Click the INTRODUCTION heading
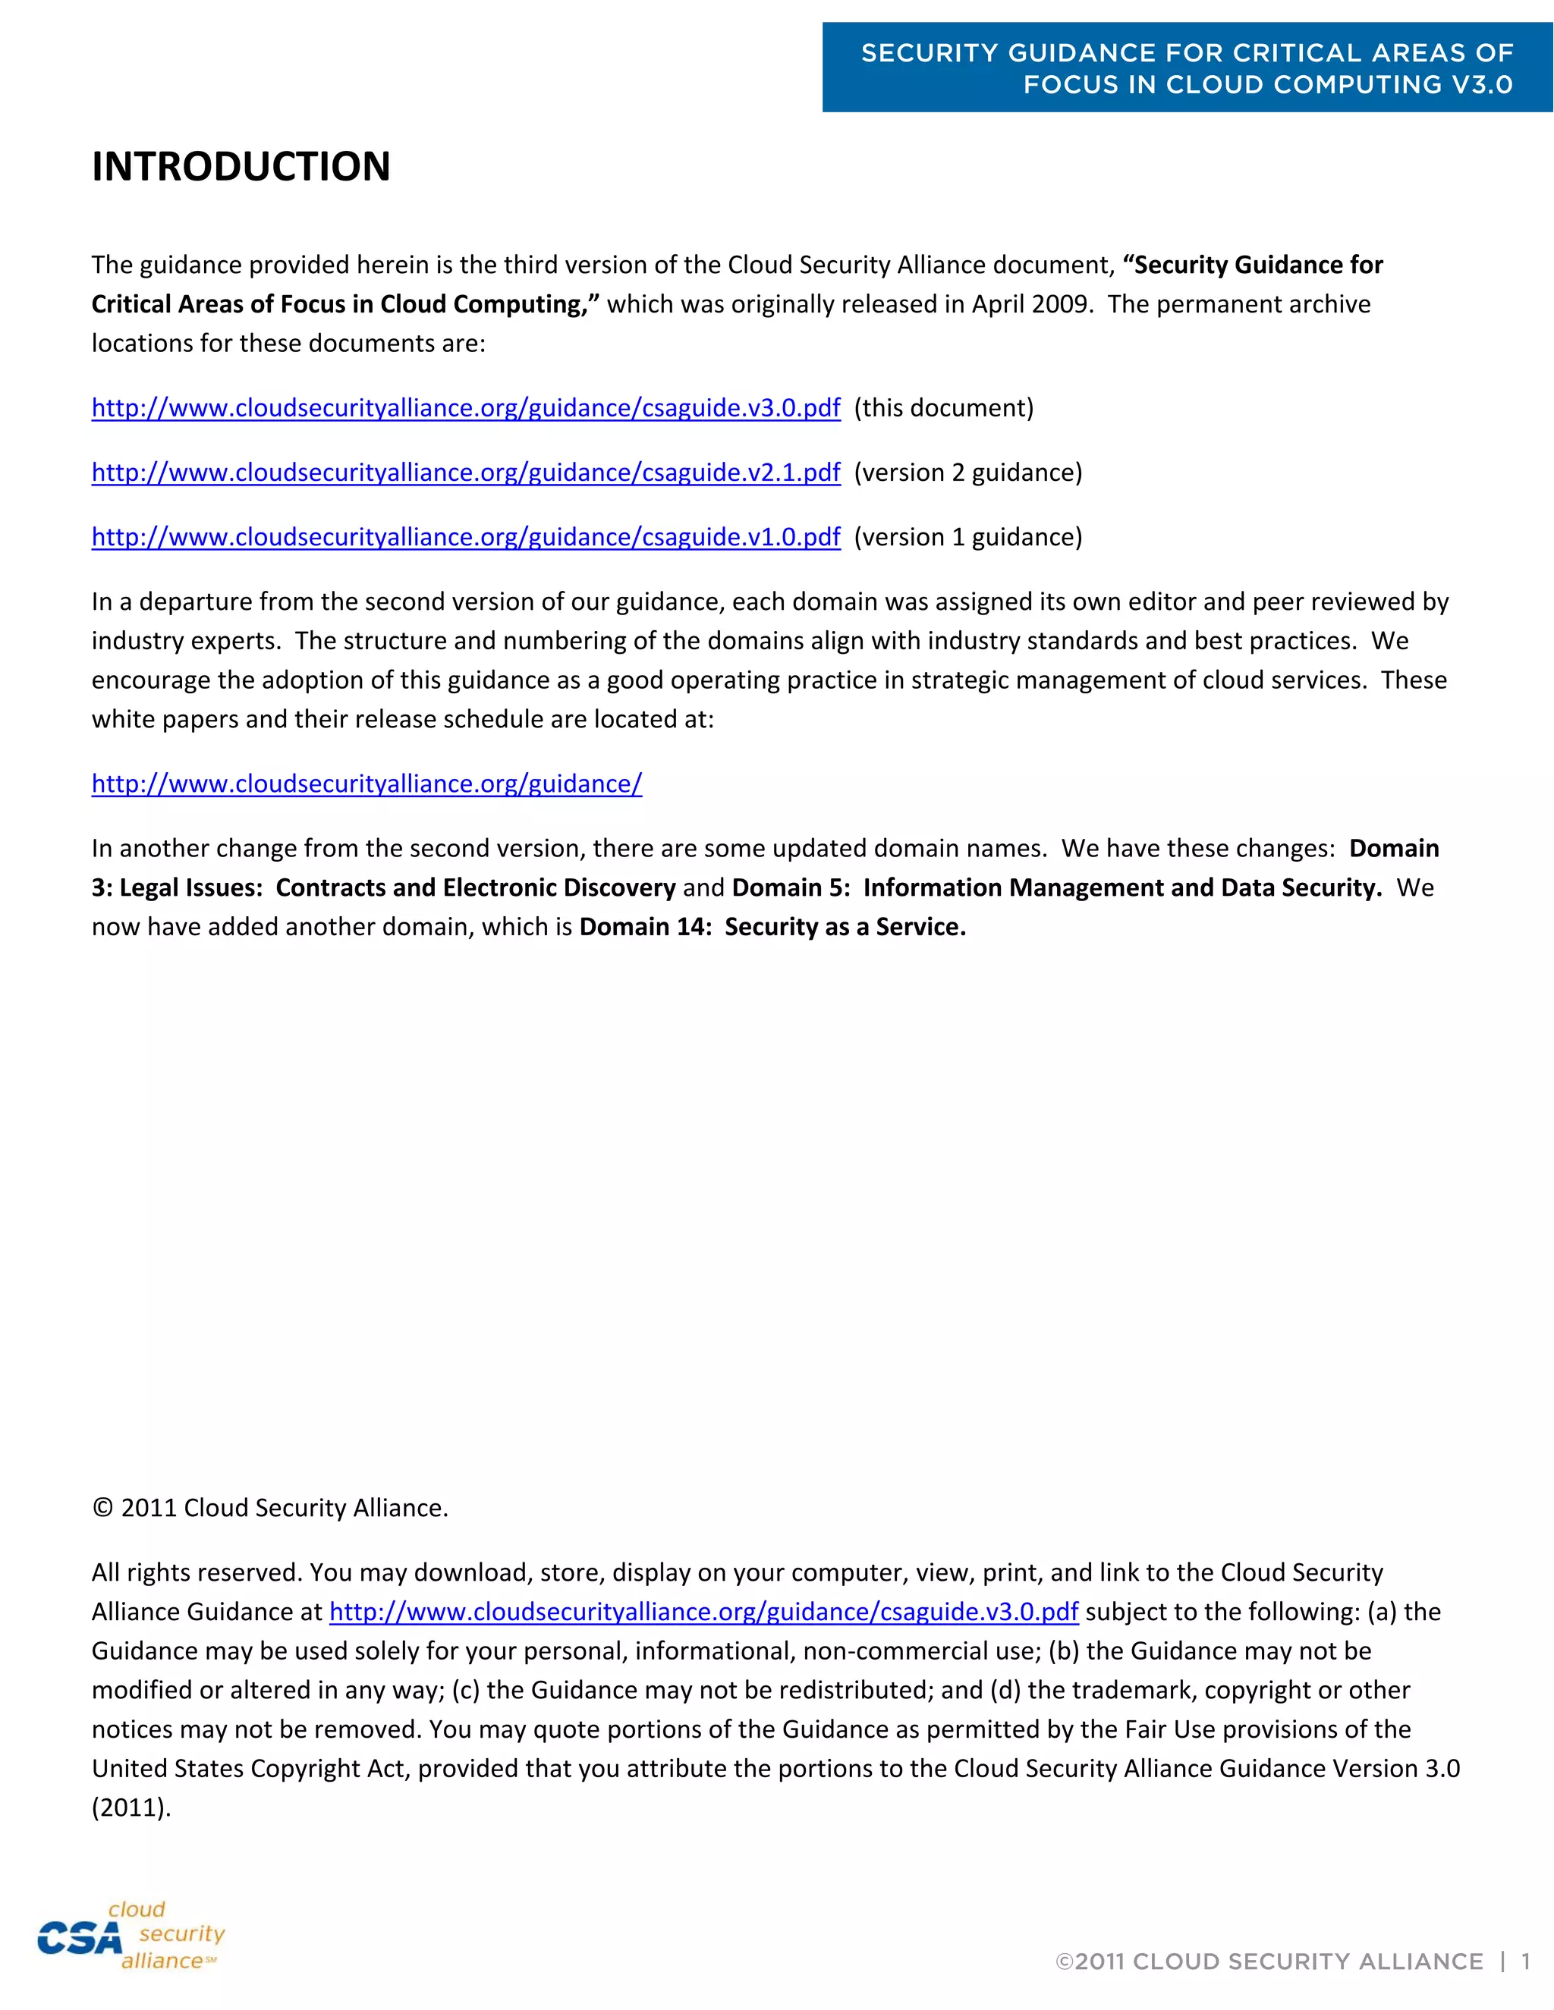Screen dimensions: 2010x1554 (241, 167)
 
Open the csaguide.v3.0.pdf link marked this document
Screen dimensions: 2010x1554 (466, 408)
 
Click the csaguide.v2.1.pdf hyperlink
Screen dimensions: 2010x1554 (466, 472)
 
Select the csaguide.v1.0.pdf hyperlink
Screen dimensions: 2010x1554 (466, 536)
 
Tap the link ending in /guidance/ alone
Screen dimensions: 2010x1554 (366, 784)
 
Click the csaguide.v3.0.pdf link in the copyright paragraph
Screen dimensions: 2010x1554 (703, 1612)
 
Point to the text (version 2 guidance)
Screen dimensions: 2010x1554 (967, 472)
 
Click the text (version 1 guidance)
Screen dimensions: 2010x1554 (967, 536)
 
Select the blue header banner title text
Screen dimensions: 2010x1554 (1187, 68)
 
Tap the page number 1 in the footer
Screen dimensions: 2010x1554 (1525, 1961)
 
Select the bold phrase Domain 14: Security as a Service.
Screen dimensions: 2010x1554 (772, 927)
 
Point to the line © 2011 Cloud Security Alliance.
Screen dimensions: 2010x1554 (269, 1508)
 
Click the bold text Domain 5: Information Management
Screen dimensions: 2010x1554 (920, 887)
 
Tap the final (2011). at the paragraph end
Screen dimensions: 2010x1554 (131, 1807)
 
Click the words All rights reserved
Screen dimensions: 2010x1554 (196, 1572)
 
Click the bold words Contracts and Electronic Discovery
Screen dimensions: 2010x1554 (475, 887)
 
